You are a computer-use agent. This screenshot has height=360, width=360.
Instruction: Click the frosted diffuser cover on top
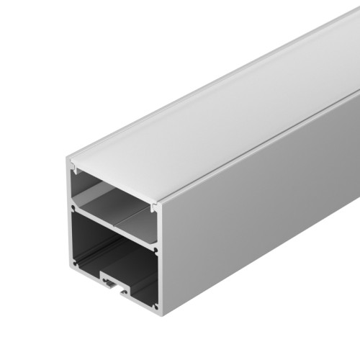pyautogui.click(x=216, y=108)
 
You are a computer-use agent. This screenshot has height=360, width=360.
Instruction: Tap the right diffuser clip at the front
pyautogui.click(x=153, y=209)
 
